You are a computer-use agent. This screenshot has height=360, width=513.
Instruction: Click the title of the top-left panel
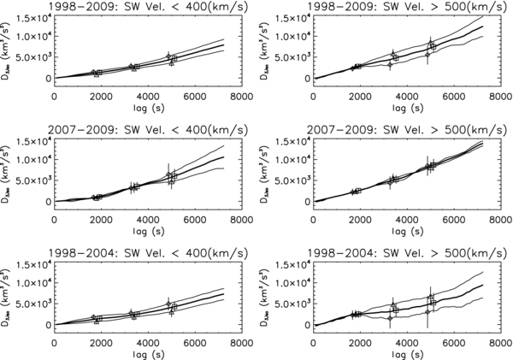coord(148,7)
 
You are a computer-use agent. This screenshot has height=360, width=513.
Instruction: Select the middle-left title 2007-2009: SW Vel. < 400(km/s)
coord(148,130)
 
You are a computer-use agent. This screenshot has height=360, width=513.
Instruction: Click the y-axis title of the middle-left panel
coord(8,173)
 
